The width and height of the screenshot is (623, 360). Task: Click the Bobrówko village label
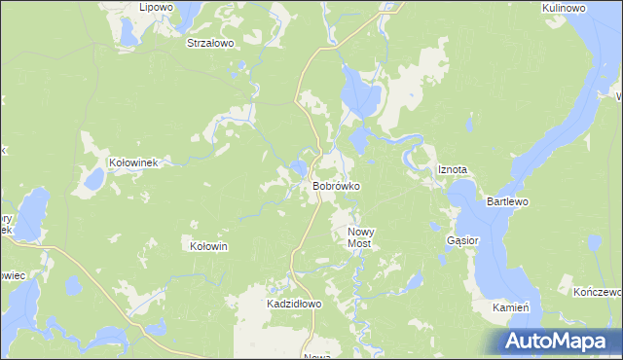337,185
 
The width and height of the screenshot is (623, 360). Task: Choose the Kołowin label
208,247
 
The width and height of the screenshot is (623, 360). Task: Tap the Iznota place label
453,169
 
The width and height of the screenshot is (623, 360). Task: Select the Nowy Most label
361,238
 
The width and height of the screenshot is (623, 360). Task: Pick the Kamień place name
510,306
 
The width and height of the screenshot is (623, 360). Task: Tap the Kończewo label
597,292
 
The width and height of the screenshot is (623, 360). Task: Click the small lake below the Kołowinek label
94,179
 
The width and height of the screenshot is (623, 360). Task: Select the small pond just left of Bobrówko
297,173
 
